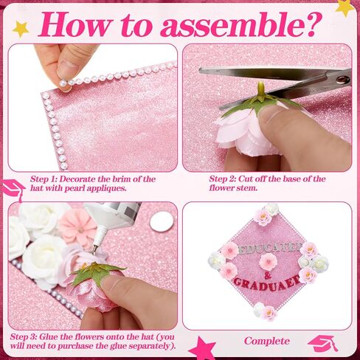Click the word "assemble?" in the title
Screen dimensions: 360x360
242,24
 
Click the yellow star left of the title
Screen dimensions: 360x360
21,30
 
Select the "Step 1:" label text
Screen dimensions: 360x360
44,179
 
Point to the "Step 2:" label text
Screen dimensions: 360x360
223,179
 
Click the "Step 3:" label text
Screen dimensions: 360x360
24,336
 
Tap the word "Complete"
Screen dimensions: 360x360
267,341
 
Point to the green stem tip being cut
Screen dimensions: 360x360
261,86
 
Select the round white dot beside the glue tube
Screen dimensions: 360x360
162,221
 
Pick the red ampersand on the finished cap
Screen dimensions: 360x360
268,276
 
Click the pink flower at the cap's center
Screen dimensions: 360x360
269,262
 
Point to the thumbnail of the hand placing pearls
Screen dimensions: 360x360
92,108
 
